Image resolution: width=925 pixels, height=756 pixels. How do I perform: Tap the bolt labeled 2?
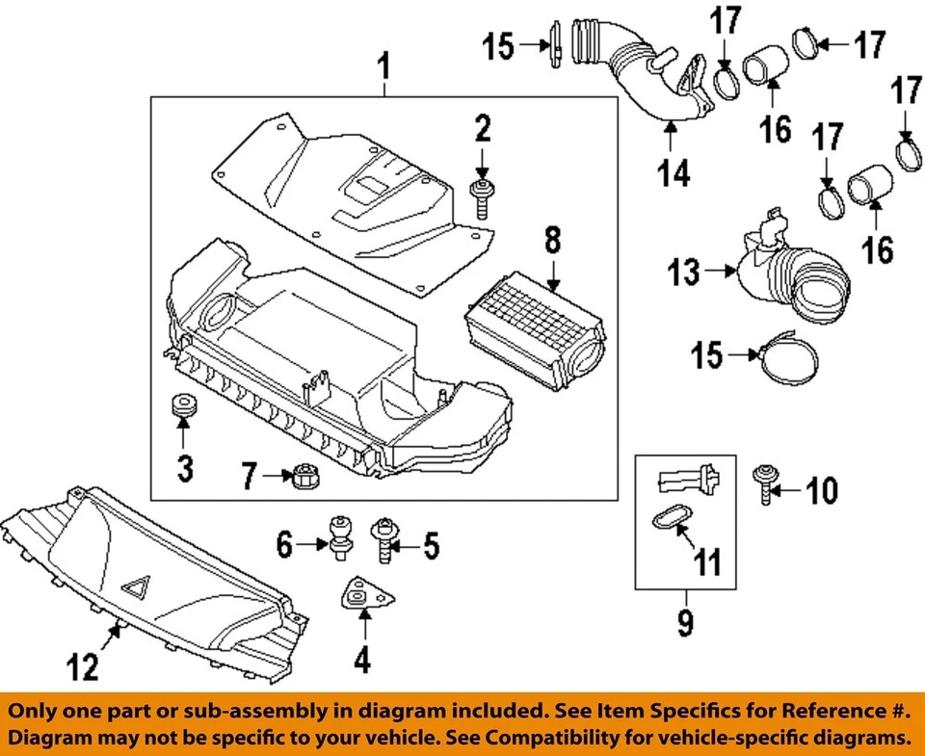point(480,199)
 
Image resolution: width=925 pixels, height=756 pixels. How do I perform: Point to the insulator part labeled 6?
point(340,537)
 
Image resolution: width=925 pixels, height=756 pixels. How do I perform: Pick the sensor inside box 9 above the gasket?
point(684,478)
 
